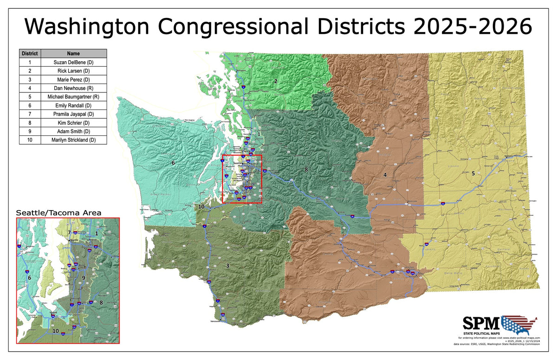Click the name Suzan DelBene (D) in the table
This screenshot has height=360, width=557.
(x=74, y=62)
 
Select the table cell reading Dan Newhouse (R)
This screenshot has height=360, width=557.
(x=74, y=88)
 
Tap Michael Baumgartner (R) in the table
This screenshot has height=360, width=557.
(x=74, y=96)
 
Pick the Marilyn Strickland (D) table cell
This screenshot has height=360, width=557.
(x=74, y=140)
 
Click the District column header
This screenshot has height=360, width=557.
(x=30, y=53)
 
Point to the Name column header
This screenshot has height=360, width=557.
(x=74, y=53)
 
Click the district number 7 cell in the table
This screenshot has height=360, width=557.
(x=30, y=114)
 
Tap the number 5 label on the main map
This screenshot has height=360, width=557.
(x=473, y=174)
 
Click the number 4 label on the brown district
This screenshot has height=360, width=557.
(x=385, y=175)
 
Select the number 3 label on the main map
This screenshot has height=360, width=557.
(x=227, y=266)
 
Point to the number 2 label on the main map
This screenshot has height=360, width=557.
(x=276, y=81)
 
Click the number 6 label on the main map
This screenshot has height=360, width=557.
(x=173, y=163)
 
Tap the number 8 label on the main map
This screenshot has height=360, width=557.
(x=306, y=170)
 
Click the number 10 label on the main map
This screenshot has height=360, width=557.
(x=201, y=206)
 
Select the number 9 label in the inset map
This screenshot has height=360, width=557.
(x=84, y=278)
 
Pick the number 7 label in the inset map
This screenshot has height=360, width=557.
(x=69, y=232)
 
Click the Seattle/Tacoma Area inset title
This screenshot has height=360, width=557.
(x=59, y=212)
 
